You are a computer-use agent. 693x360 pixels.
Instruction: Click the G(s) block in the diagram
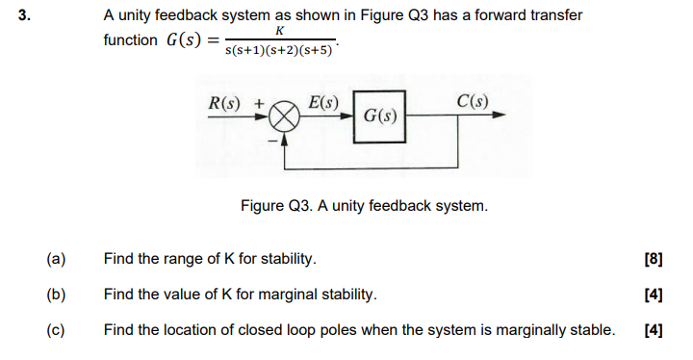(x=379, y=116)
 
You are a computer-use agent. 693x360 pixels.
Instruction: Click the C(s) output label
(x=473, y=99)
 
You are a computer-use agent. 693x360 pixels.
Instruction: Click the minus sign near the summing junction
(x=272, y=142)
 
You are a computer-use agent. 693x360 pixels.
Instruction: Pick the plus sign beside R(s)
(x=257, y=100)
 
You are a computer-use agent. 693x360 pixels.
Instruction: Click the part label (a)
(x=55, y=259)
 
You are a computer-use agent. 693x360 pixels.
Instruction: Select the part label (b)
(x=55, y=295)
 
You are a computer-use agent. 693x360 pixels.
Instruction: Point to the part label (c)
(x=55, y=330)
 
